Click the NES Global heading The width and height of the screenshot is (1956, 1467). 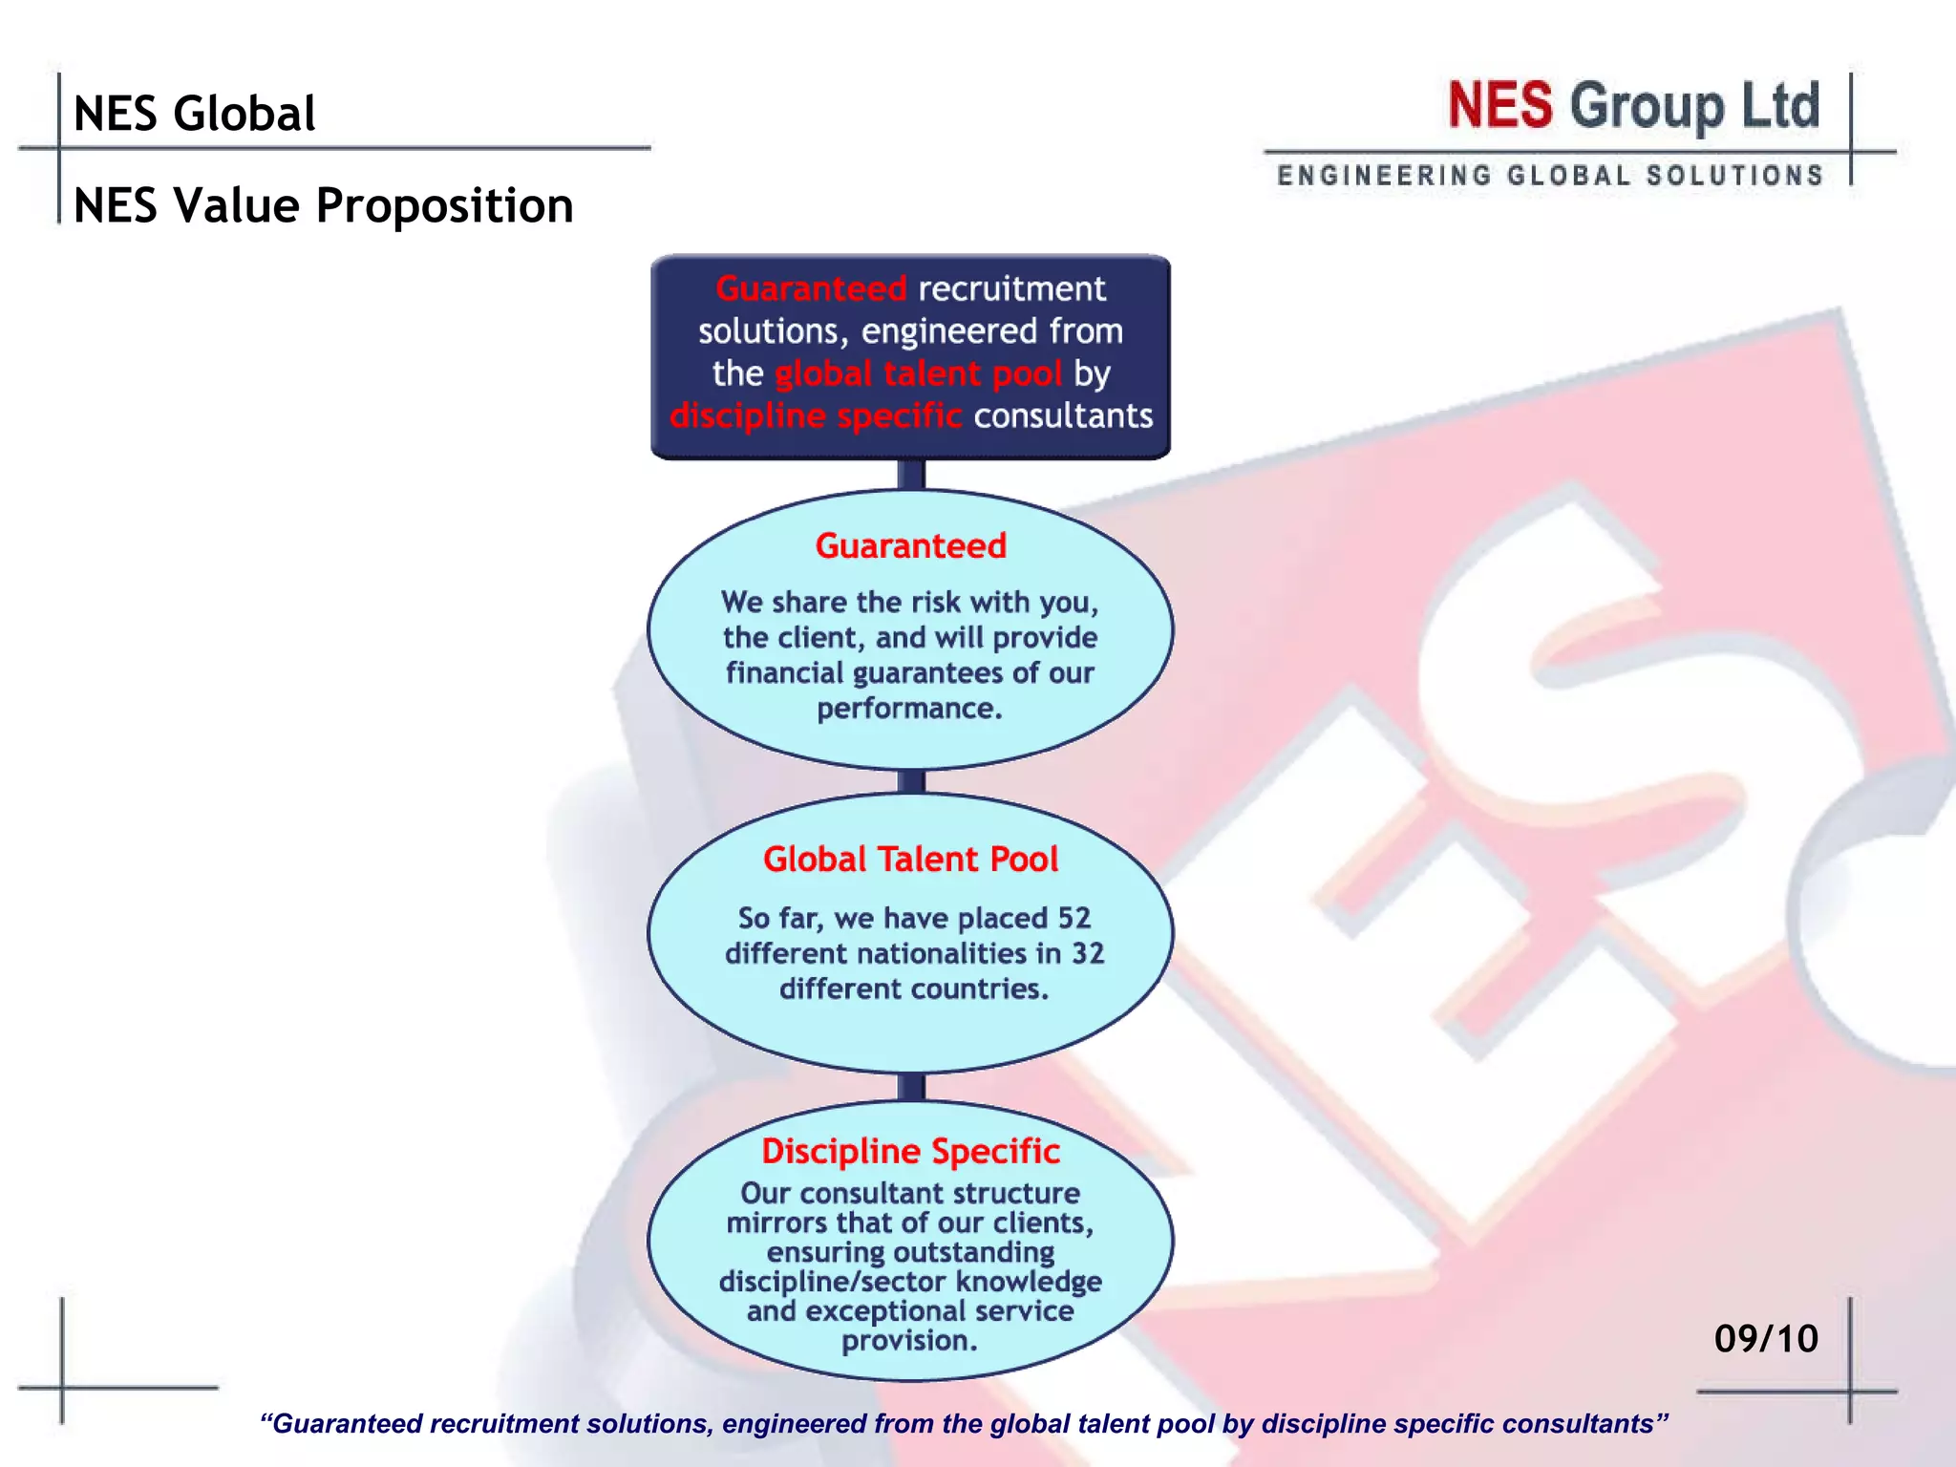pos(194,114)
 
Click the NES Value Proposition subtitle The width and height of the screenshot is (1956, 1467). pos(323,205)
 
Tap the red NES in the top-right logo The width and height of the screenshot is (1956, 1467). pos(1499,105)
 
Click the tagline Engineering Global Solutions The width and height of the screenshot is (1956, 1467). pos(1550,176)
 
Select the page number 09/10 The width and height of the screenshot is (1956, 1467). pos(1766,1338)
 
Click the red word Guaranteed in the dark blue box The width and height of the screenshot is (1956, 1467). pos(811,288)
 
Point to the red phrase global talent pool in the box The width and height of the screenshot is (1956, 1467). pos(918,373)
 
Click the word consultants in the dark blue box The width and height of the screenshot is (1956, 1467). pos(1063,415)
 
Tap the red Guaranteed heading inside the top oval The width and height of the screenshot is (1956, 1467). pos(910,545)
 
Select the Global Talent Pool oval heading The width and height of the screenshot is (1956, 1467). pos(910,859)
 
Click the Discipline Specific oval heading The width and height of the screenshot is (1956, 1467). pos(910,1151)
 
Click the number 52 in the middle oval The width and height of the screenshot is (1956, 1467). pos(1074,918)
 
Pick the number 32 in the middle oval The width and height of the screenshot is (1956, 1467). pos(1087,953)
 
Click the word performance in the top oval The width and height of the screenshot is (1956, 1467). pos(907,709)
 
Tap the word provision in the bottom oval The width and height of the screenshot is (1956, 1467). pos(907,1341)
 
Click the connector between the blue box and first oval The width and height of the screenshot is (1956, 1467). pos(911,475)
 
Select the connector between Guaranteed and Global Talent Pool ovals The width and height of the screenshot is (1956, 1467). pos(911,781)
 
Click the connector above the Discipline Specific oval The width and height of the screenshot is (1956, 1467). pos(911,1086)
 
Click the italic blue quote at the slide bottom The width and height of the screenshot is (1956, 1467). pos(964,1424)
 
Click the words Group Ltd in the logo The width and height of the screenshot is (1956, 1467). pos(1694,105)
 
